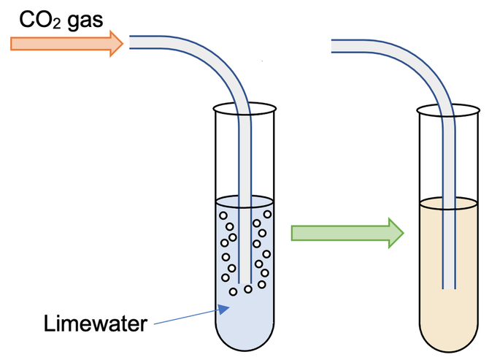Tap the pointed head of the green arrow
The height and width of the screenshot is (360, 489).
point(395,232)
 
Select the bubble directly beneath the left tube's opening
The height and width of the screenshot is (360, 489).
point(248,289)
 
